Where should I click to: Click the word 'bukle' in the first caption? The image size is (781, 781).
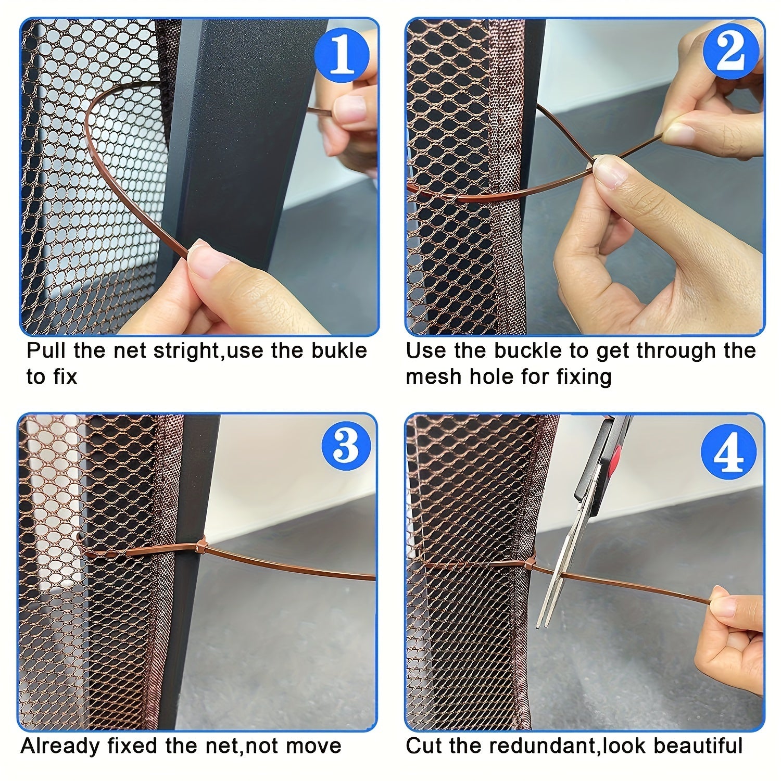coord(339,350)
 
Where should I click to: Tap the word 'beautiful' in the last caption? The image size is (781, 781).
coord(698,746)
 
